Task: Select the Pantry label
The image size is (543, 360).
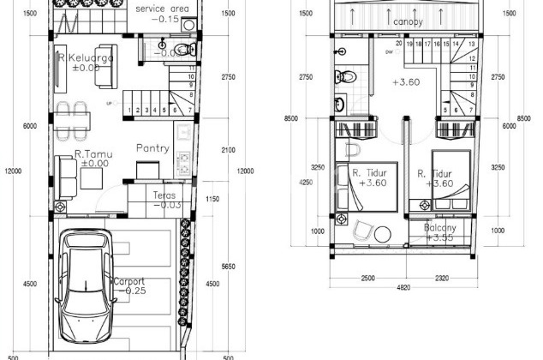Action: pos(152,148)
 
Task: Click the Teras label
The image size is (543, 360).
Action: pos(164,195)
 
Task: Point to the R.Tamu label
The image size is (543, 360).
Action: pos(90,153)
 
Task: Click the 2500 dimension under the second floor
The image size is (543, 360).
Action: pos(369,278)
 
